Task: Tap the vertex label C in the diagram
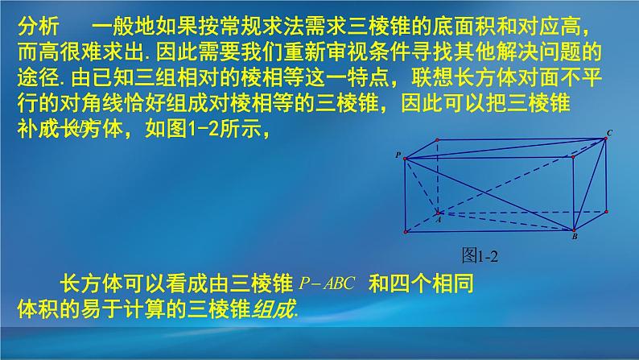(609, 132)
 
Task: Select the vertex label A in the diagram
(438, 217)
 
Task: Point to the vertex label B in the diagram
(574, 238)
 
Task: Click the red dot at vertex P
(405, 157)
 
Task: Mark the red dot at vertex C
(605, 139)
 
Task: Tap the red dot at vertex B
(572, 231)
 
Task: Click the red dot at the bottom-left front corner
(405, 231)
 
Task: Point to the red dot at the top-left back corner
(437, 139)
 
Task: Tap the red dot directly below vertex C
(605, 211)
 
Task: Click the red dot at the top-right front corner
(572, 157)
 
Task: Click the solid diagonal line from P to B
(489, 194)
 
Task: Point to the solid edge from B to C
(589, 184)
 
